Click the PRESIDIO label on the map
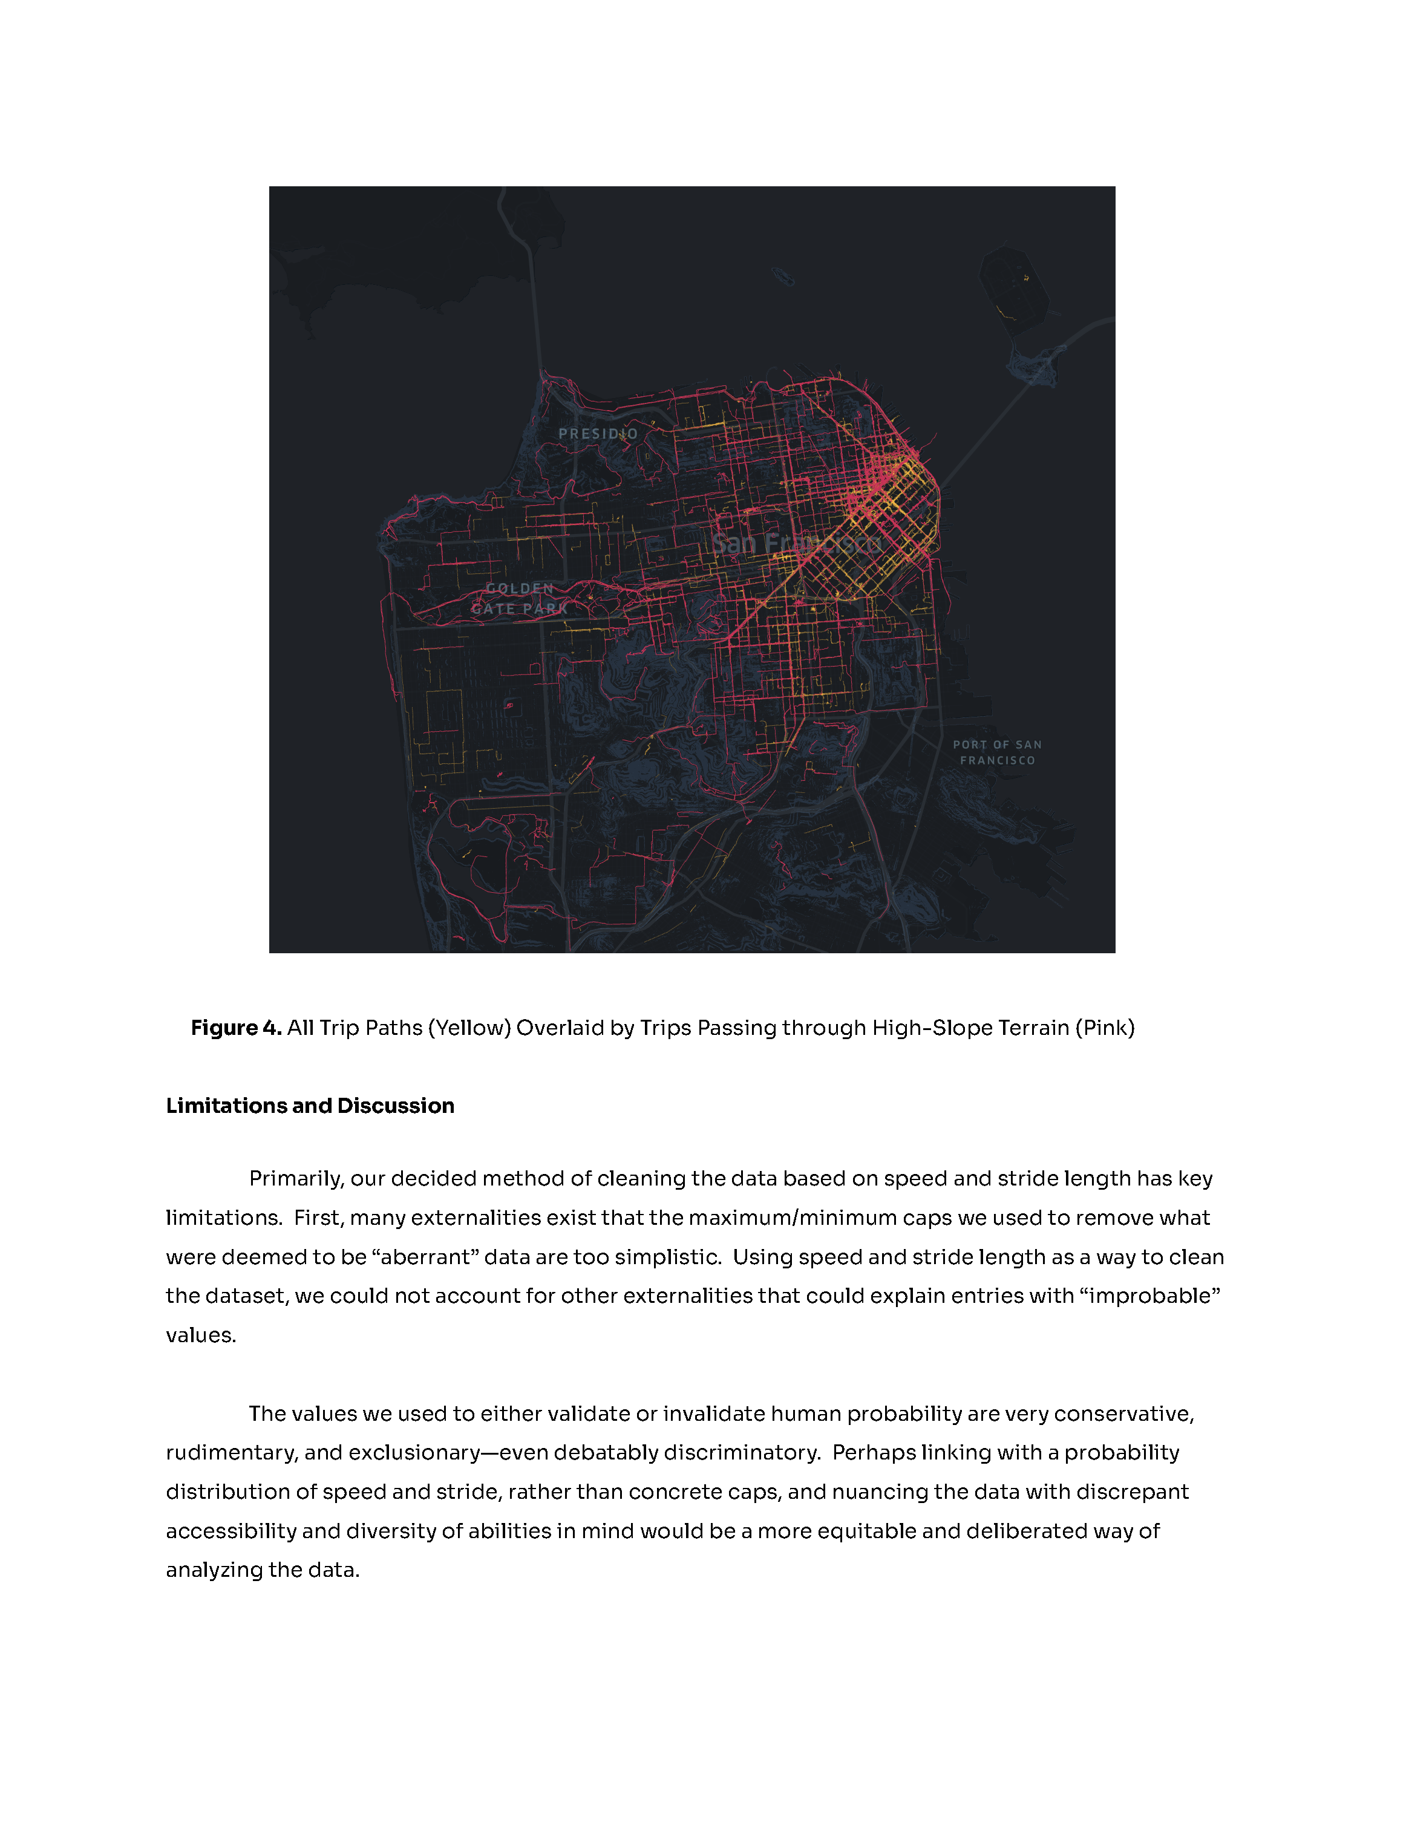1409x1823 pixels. coord(598,433)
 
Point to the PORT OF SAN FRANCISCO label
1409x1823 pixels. coord(998,752)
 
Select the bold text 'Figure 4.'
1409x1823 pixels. coord(236,1028)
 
